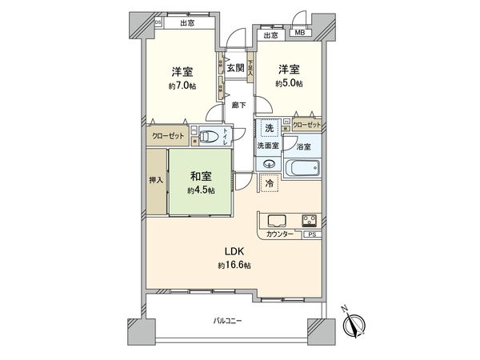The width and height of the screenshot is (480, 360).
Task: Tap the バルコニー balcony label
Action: tap(227, 321)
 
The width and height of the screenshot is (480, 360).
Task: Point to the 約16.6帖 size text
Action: tap(234, 265)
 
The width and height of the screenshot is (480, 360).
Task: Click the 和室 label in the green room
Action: tap(199, 177)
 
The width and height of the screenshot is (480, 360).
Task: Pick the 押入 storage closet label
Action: tap(156, 181)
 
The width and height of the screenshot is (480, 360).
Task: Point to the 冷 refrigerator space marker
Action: tap(270, 183)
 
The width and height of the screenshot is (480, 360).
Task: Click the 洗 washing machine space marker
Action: tap(270, 130)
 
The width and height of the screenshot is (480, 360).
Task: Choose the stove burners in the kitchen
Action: tap(310, 219)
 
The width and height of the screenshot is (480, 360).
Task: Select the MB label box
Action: tap(299, 33)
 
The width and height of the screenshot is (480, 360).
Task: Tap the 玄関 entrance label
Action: tap(234, 68)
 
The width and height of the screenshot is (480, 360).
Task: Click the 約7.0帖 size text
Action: tap(180, 86)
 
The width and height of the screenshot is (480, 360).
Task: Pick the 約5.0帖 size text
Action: tap(289, 82)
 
